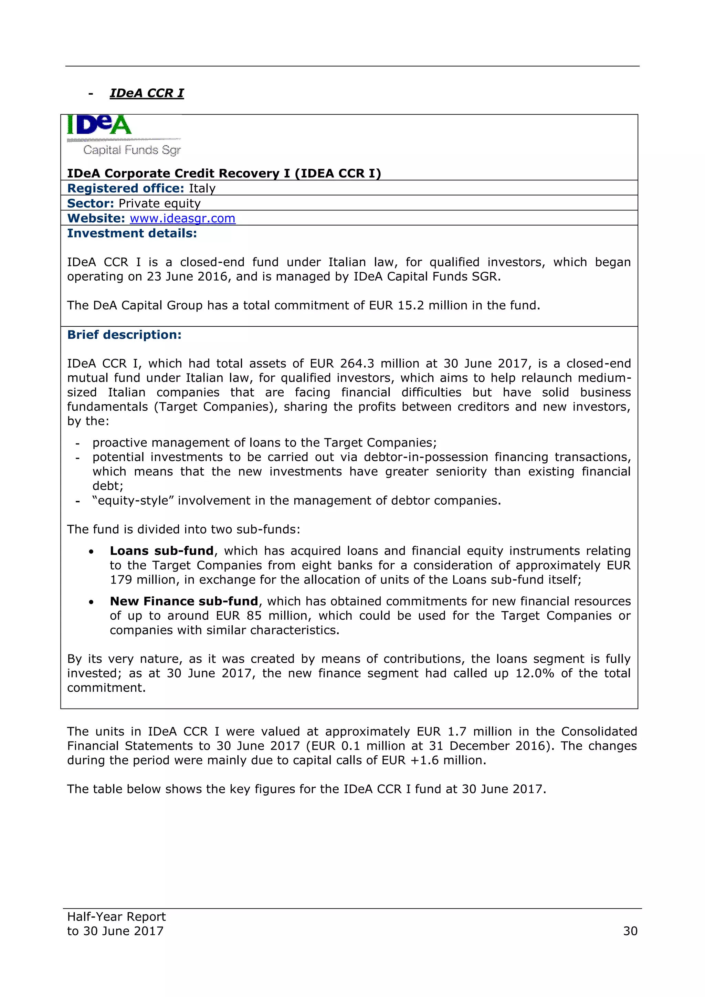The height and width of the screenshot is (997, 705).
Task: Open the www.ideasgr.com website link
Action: [182, 218]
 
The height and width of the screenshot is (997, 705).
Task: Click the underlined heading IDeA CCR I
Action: [147, 93]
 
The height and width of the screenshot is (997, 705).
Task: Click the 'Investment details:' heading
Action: [132, 234]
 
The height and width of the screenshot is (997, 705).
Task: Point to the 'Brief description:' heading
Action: [124, 335]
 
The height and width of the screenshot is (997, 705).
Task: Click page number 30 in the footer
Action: [630, 931]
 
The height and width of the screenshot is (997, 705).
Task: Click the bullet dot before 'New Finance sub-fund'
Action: [91, 602]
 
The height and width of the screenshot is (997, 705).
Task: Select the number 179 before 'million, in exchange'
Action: [121, 580]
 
